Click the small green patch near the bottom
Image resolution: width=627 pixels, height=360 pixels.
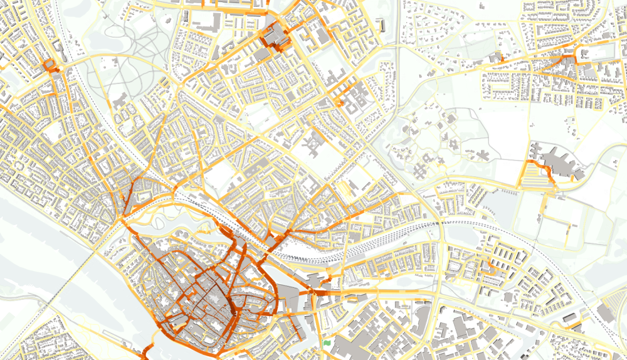click(x=327, y=344)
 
